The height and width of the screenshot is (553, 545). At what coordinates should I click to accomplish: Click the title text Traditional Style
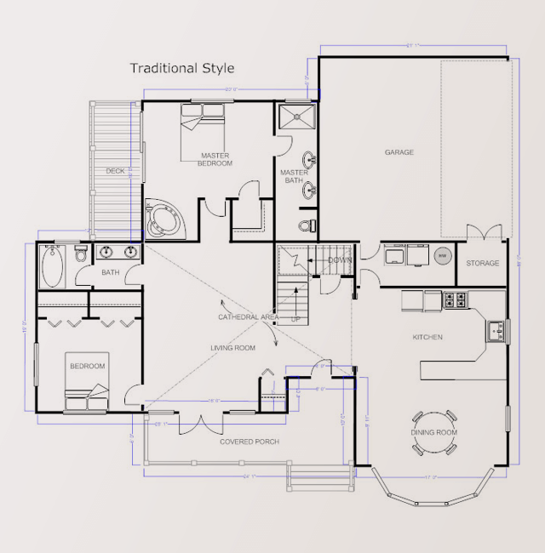[181, 68]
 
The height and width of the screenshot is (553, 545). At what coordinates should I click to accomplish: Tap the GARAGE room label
[399, 152]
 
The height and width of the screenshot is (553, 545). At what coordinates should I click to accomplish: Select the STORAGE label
[482, 264]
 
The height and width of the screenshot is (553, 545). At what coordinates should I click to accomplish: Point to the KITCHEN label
[427, 338]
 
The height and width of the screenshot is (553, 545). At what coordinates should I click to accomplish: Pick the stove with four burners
[456, 300]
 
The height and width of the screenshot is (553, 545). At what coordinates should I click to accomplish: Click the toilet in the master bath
[307, 225]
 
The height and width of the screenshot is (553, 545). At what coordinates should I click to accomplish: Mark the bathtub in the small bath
[52, 265]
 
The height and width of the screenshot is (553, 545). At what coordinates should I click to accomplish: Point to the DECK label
[115, 171]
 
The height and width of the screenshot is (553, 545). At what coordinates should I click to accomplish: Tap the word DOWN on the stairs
[340, 260]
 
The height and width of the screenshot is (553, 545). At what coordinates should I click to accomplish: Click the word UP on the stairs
[295, 320]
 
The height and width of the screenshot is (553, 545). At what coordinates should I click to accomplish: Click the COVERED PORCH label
[250, 442]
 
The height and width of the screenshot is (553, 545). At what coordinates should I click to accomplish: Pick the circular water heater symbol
[441, 255]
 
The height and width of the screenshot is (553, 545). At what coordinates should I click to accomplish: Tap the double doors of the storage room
[484, 232]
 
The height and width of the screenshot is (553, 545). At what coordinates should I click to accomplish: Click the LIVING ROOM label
[233, 348]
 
